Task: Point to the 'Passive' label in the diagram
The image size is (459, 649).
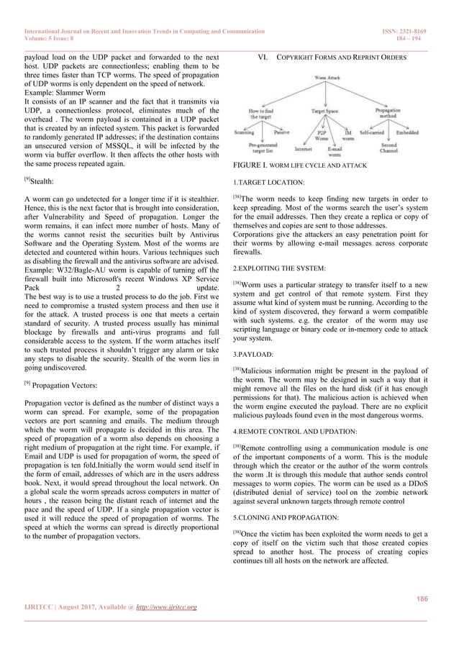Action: (x=282, y=132)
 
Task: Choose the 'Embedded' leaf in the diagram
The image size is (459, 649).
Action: (x=407, y=132)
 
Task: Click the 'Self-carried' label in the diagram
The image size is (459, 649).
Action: (x=372, y=132)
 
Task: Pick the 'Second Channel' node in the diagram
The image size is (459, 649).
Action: (x=388, y=148)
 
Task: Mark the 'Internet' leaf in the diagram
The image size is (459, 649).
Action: (x=303, y=149)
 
